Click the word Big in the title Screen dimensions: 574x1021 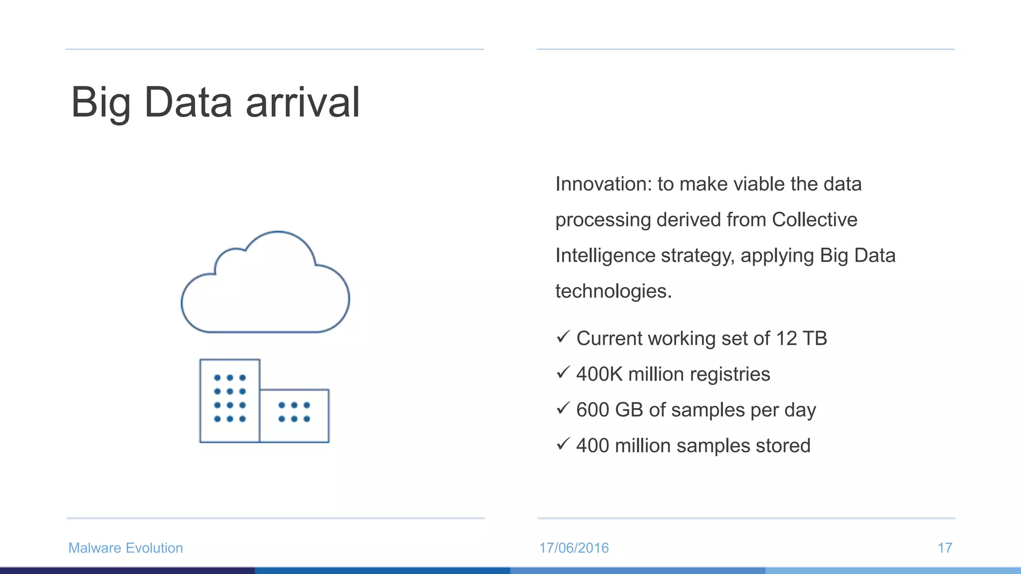101,103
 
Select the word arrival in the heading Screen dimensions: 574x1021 302,102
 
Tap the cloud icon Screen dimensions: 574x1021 265,287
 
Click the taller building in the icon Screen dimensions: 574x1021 229,401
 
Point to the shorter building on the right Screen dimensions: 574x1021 294,416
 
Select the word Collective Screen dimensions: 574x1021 814,220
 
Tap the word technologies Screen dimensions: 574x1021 613,291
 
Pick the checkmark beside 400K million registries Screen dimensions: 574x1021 563,372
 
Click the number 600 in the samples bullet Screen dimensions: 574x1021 592,410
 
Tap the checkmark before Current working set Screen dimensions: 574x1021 563,337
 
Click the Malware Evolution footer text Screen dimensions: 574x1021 126,548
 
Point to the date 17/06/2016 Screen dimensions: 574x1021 574,548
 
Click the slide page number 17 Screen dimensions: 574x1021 945,548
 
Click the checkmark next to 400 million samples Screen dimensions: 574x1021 563,443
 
